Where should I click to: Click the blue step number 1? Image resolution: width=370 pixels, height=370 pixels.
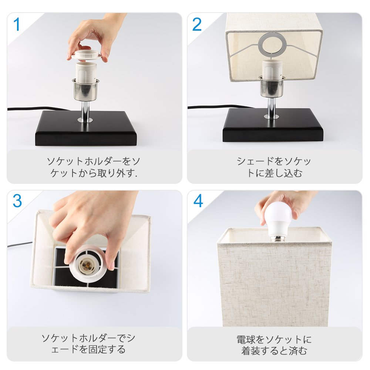click(17, 24)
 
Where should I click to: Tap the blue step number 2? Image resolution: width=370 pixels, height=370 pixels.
click(197, 24)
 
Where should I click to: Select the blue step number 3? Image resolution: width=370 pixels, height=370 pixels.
click(17, 201)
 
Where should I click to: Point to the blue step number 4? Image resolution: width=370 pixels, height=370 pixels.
click(198, 201)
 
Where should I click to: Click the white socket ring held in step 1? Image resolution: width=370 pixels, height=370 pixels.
click(86, 55)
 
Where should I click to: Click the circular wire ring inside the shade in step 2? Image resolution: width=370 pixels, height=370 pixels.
click(272, 44)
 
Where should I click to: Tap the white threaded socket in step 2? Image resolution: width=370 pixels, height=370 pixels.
click(272, 69)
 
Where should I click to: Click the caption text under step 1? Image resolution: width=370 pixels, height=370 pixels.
click(94, 167)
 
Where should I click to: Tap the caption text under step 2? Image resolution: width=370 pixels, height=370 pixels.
click(274, 167)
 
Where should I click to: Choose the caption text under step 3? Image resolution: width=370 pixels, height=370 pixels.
click(88, 344)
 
